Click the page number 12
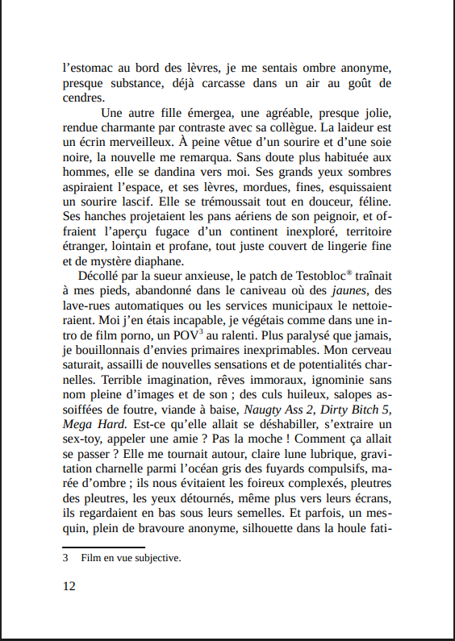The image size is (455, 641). click(x=69, y=586)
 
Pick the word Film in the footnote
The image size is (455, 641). click(x=91, y=557)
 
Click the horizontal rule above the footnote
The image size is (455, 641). click(x=98, y=546)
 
